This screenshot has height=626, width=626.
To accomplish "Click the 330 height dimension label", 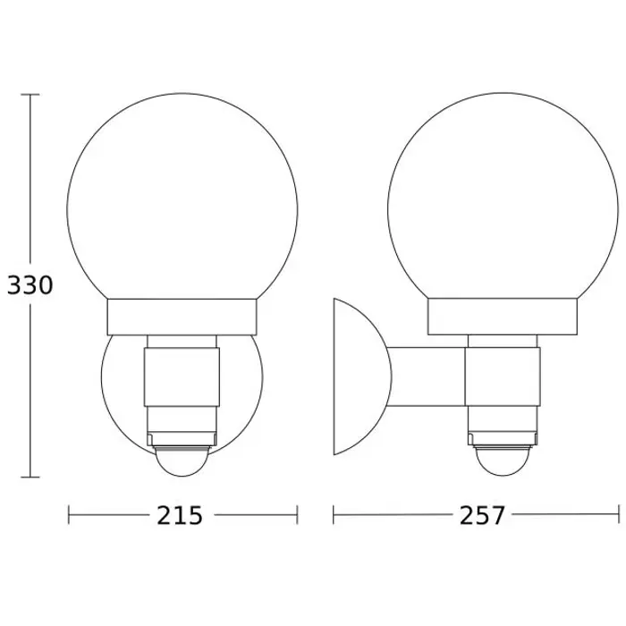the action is pos(30,285).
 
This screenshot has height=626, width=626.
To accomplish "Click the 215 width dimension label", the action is pos(180,515).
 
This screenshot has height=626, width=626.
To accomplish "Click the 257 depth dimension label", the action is pos(482,515).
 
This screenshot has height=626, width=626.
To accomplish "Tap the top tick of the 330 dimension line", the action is pos(30,95).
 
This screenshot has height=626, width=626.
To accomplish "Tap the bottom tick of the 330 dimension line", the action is pos(30,477).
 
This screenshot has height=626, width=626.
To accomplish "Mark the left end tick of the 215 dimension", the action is pos(69,514).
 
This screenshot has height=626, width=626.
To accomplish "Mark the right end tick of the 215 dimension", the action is pos(298,514).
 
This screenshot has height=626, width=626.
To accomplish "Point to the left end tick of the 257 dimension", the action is pos(334,514).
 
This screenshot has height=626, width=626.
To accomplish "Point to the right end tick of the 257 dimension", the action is pos(619,514).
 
